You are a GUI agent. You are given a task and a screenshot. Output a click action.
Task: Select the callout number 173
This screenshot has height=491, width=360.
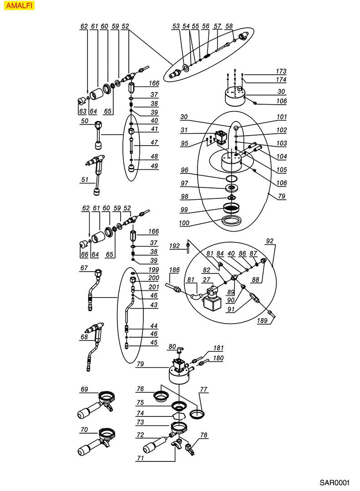281,71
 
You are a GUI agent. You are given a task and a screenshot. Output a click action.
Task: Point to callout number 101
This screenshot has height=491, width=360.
281,117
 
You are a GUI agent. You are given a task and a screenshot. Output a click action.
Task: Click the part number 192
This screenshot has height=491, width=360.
174,246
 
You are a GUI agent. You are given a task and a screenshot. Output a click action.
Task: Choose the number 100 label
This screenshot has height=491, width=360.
185,223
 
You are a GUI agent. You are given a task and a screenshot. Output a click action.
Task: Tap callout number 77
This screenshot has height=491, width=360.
203,390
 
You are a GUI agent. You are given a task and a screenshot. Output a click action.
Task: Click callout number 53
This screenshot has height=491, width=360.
176,27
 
